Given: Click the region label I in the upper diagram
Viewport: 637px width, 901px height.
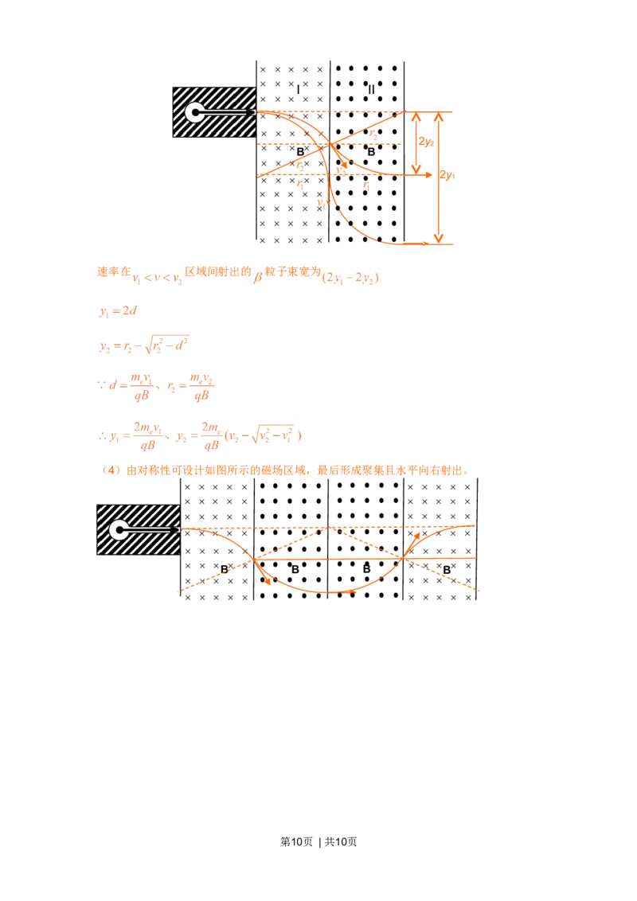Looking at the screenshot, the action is (298, 90).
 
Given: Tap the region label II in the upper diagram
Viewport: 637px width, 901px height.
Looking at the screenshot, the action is (371, 90).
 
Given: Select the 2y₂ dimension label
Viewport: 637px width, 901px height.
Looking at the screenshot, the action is (426, 142).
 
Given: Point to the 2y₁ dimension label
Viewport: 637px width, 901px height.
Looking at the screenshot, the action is (447, 174).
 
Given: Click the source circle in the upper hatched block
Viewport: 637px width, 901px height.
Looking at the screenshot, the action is (195, 112).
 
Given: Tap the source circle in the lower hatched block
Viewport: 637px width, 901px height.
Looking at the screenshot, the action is (119, 530).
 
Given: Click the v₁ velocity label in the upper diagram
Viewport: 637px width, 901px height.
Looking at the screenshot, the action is (321, 203).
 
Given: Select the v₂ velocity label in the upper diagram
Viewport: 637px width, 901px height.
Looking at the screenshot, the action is (342, 170).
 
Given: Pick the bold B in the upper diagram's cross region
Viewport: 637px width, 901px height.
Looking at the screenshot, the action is (300, 152).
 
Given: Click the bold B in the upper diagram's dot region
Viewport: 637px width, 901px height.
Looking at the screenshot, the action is (371, 152).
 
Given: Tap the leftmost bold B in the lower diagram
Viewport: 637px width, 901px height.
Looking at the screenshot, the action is (225, 569).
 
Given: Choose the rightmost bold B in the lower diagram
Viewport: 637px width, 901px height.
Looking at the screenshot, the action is (447, 570).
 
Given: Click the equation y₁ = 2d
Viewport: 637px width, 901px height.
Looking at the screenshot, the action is (118, 311).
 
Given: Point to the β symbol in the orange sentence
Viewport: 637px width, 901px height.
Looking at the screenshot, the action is (257, 277).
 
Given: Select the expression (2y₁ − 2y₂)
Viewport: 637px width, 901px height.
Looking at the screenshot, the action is (350, 278).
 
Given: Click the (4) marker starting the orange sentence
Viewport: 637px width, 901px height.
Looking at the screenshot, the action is (111, 470).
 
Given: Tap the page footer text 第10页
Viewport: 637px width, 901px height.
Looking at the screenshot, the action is (297, 842).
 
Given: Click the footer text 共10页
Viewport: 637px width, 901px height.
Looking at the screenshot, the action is (341, 842).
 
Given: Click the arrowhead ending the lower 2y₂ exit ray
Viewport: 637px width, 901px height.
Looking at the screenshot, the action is (428, 174).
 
